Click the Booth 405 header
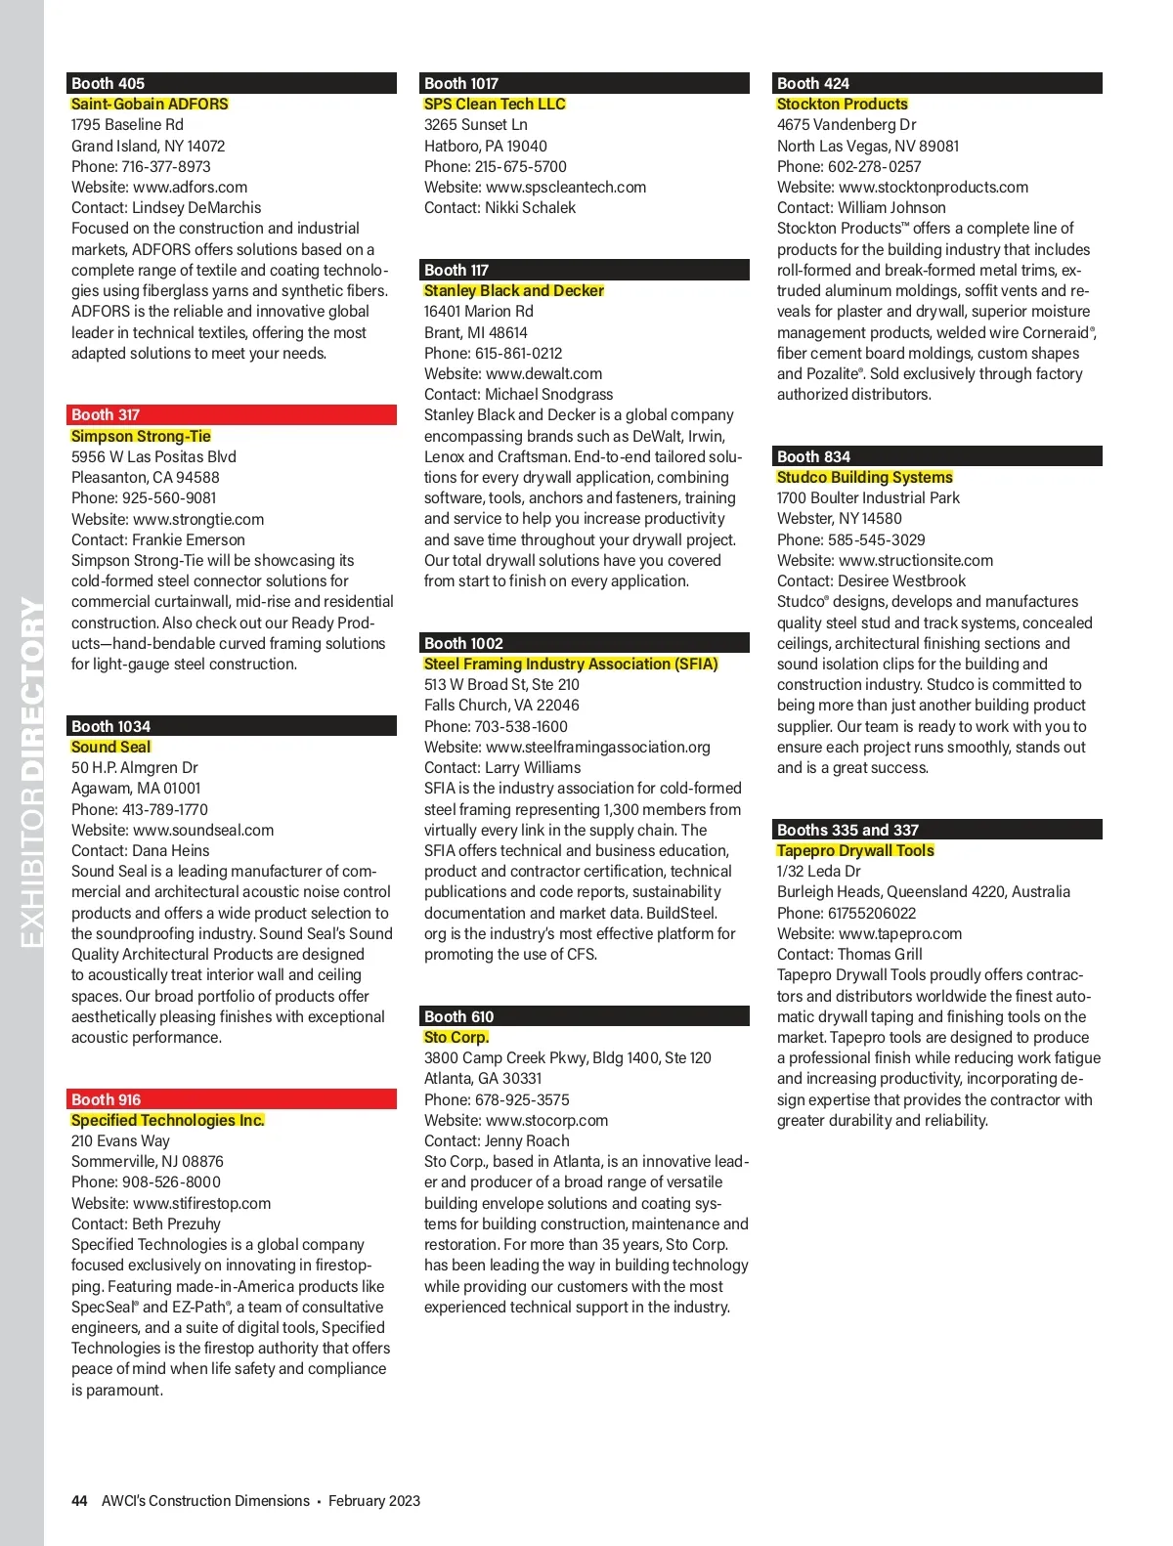[x=232, y=83]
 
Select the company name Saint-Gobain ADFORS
[x=150, y=104]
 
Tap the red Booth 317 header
[x=232, y=414]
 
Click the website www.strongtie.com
[x=198, y=519]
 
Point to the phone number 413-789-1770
[x=164, y=809]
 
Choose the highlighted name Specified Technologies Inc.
[x=168, y=1120]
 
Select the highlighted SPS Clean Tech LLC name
[x=495, y=104]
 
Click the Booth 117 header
[x=586, y=270]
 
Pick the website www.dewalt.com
[x=543, y=373]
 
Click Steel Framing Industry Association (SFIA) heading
[x=571, y=664]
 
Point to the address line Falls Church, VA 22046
[x=501, y=705]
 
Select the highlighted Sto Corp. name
[x=456, y=1037]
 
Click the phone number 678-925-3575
[x=522, y=1099]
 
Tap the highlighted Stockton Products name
[x=843, y=104]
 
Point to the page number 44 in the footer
[x=79, y=1501]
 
